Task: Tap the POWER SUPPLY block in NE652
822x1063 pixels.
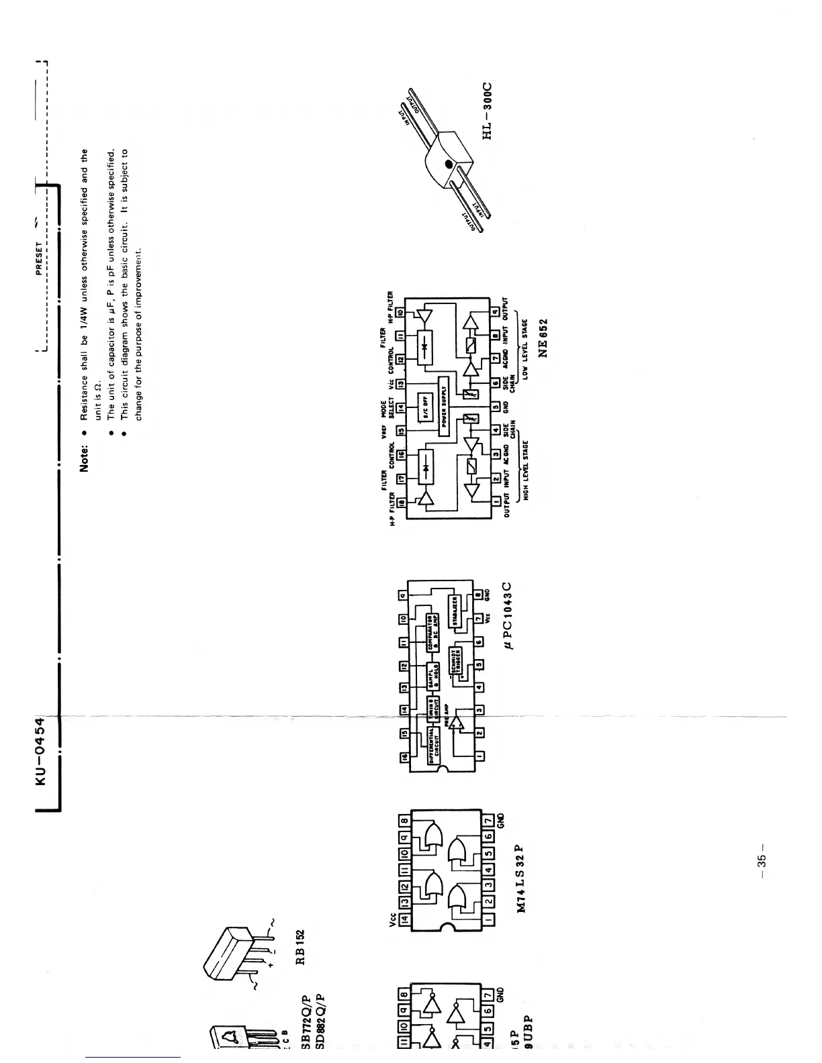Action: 443,405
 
